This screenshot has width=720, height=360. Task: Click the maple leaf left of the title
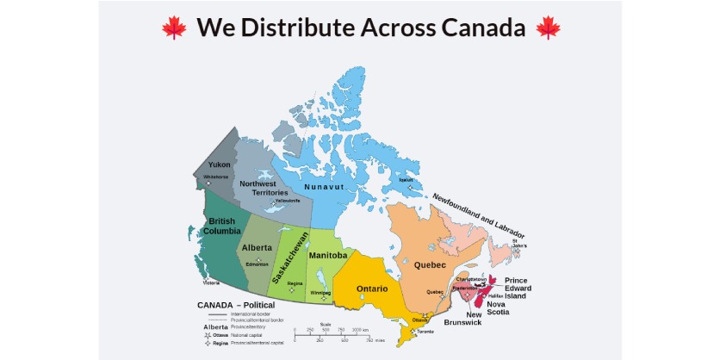(x=174, y=28)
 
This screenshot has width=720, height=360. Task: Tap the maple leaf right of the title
(x=548, y=28)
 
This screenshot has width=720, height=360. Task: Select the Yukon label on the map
(x=219, y=164)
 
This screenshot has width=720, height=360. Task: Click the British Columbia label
(x=220, y=227)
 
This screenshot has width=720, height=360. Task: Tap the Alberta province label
(x=257, y=247)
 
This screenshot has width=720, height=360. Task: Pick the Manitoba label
(x=327, y=256)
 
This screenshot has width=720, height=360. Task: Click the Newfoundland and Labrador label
(x=479, y=216)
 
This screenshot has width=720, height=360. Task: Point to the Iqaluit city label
(x=419, y=180)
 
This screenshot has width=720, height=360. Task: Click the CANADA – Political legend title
(x=236, y=305)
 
